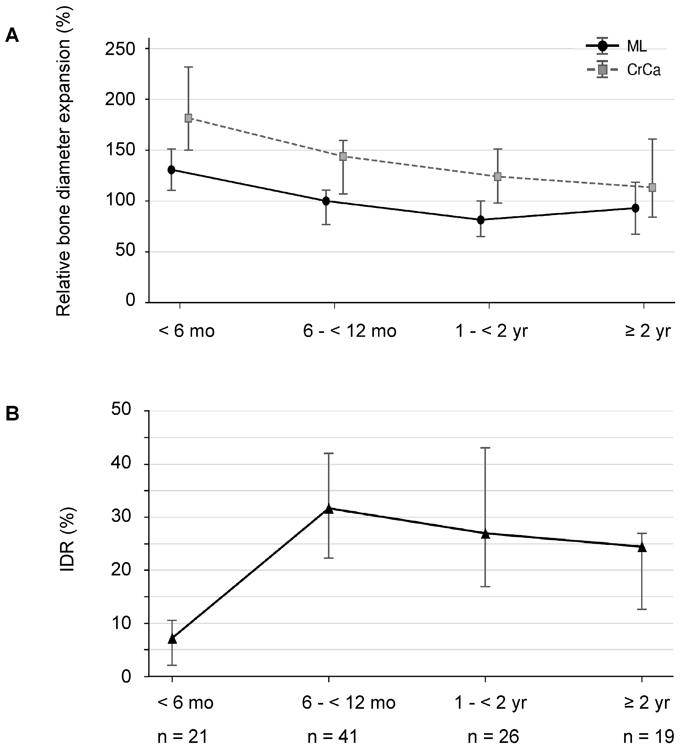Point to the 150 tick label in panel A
[120, 150]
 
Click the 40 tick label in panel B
[121, 464]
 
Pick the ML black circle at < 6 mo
[172, 170]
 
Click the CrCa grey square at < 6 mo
[188, 118]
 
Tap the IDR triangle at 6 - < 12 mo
[329, 509]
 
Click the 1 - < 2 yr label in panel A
[492, 331]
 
